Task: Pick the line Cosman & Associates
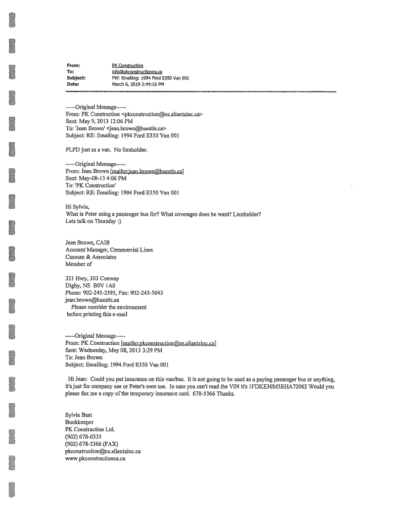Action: pyautogui.click(x=95, y=258)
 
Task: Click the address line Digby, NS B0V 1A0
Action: pyautogui.click(x=95, y=286)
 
